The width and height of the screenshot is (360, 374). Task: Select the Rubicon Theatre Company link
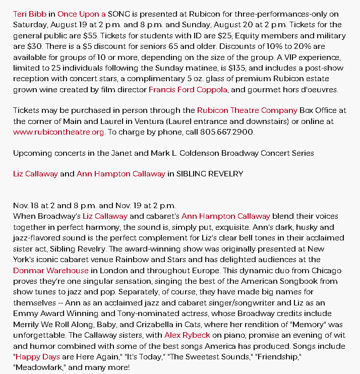click(x=247, y=110)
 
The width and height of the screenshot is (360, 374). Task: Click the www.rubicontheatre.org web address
click(x=59, y=132)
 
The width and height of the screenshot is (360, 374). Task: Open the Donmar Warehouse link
click(x=50, y=270)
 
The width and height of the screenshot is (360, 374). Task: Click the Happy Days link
click(x=38, y=357)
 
